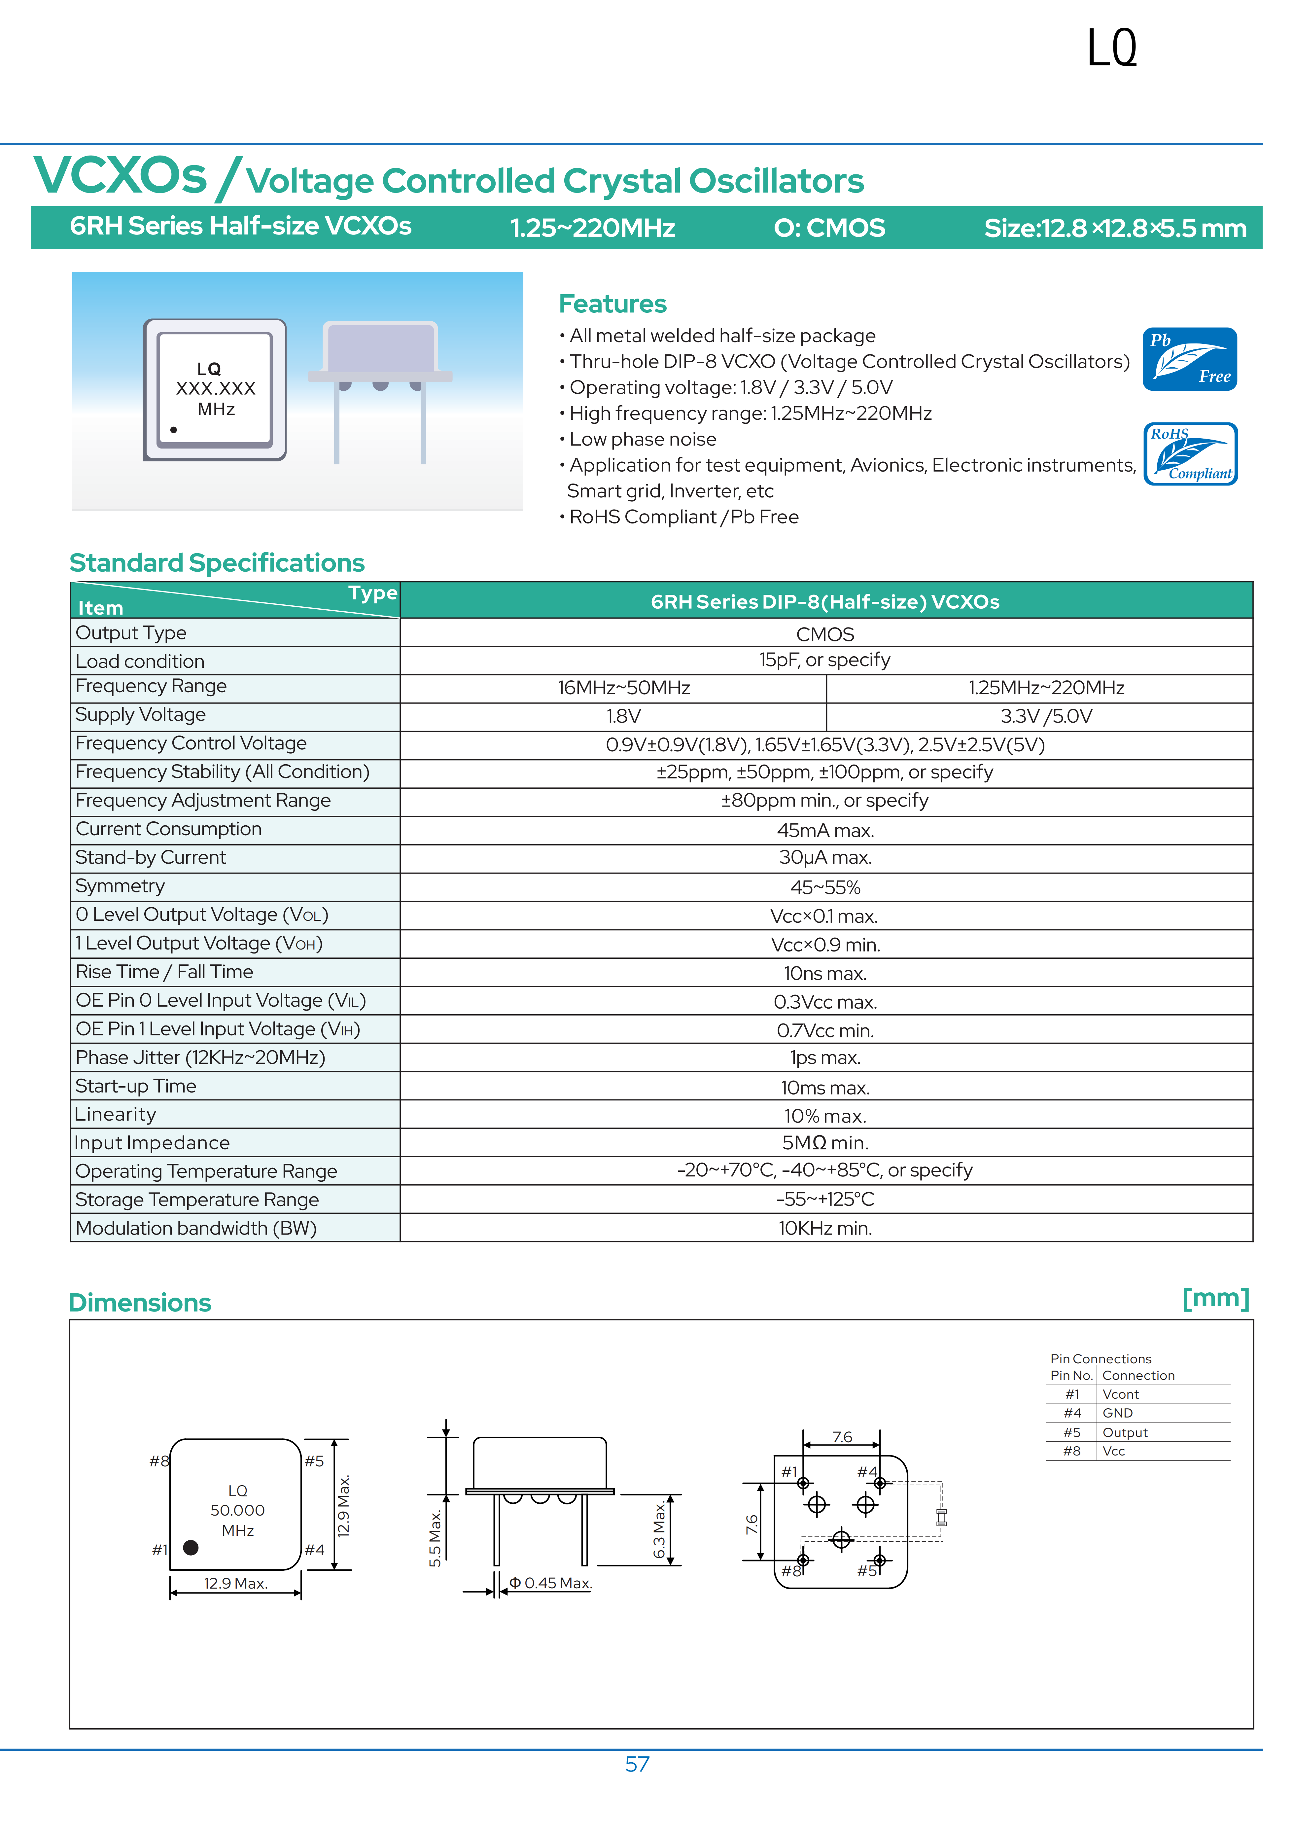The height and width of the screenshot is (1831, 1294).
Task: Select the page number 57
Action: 637,1764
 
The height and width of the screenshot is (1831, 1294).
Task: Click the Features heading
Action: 612,304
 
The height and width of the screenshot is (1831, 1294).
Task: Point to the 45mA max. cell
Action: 825,830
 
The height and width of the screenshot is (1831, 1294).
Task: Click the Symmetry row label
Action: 121,886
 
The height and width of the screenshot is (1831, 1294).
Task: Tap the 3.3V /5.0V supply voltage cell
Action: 1046,716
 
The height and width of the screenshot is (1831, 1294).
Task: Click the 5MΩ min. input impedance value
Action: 825,1143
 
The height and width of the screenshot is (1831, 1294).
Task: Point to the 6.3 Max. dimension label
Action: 659,1529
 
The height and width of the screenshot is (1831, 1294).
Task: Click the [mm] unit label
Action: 1215,1298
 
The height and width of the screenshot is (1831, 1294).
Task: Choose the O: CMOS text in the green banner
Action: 829,228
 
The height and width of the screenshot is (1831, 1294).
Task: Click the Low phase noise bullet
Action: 643,439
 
